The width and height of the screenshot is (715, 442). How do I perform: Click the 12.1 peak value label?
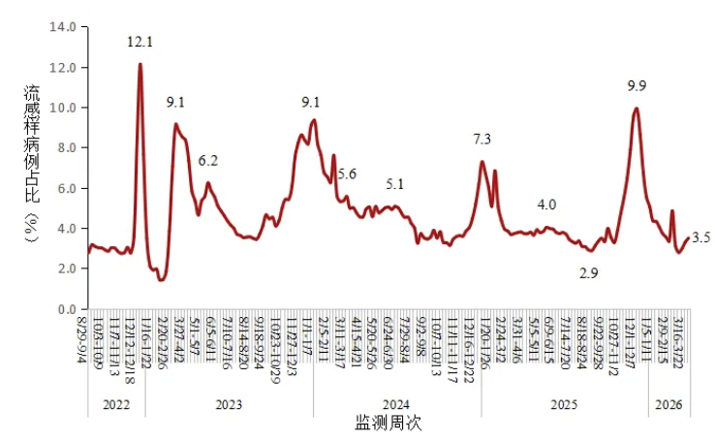[140, 42]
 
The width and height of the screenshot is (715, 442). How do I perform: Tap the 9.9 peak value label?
[637, 86]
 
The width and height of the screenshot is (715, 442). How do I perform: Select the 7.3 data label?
[482, 140]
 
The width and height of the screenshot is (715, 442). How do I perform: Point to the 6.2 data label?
[208, 161]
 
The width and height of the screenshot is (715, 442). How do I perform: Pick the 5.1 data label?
[395, 183]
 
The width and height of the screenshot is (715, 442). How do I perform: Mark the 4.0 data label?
[546, 205]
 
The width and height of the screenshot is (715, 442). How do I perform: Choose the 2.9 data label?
[588, 274]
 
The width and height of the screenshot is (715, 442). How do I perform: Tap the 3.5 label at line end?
[702, 237]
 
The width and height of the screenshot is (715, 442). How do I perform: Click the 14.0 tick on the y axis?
[62, 27]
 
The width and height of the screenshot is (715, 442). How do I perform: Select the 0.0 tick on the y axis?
[65, 309]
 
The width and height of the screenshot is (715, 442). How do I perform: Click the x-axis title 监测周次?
[388, 424]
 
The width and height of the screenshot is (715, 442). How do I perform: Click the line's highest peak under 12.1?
[140, 65]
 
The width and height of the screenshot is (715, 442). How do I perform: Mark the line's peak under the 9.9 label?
[636, 109]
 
